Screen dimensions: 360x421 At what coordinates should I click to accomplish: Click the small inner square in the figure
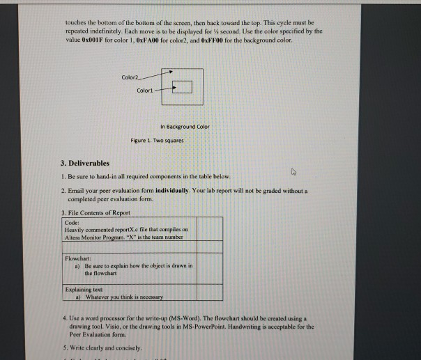[x=183, y=87]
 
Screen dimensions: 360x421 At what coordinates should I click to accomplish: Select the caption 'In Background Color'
[x=184, y=127]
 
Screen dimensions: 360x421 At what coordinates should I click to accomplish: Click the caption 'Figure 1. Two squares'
[x=155, y=141]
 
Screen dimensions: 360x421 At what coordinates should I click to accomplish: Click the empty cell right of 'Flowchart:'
[x=210, y=267]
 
